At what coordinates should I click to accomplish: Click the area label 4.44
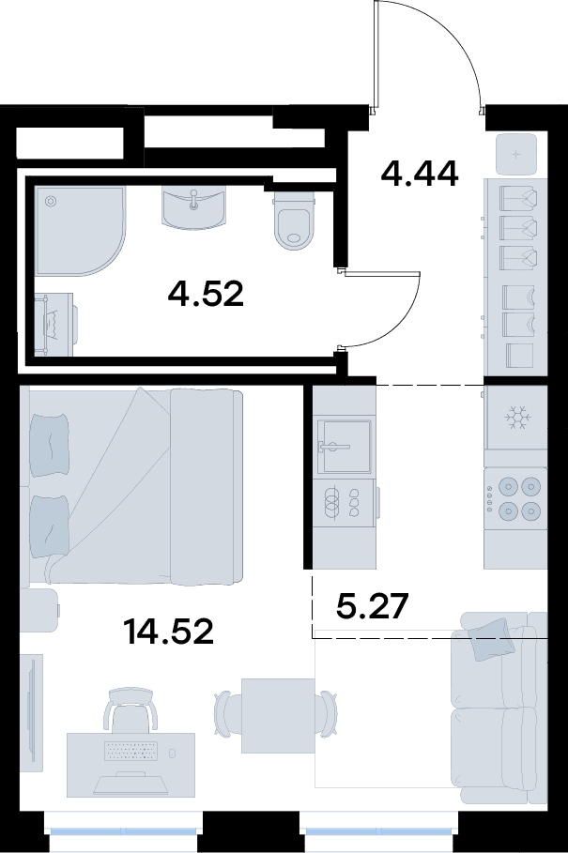click(x=420, y=174)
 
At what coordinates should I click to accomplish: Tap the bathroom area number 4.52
click(x=206, y=294)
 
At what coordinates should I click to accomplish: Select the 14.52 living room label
click(x=168, y=632)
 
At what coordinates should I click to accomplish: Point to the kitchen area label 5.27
click(x=372, y=606)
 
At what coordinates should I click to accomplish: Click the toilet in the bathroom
click(x=295, y=221)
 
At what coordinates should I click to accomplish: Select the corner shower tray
click(x=80, y=230)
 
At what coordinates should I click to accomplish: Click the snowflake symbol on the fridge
click(x=517, y=419)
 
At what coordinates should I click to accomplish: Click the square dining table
click(x=278, y=715)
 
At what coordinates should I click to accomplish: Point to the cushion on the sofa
click(x=491, y=640)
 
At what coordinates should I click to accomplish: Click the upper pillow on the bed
click(x=50, y=445)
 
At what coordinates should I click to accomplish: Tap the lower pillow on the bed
click(x=50, y=527)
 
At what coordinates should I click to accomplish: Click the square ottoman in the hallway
click(x=516, y=155)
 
